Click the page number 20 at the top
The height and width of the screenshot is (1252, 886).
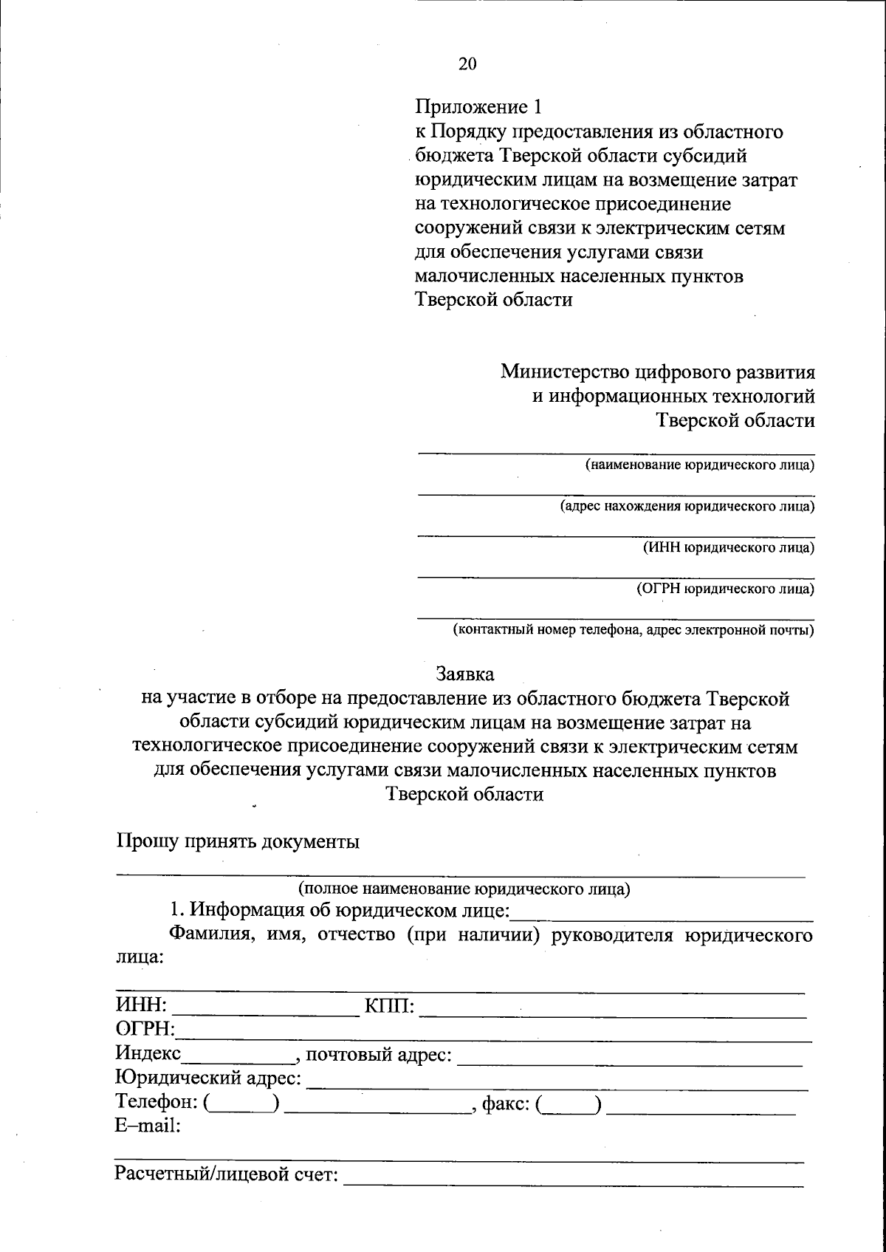(467, 64)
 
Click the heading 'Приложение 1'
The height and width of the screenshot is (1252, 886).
(478, 108)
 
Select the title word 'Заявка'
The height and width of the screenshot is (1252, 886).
(465, 674)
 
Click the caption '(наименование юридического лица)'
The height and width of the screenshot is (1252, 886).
(699, 465)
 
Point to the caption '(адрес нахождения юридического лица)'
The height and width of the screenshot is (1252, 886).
(686, 507)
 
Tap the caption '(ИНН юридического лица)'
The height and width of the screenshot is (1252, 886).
(728, 548)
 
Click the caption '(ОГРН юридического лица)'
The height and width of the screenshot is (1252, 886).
(725, 589)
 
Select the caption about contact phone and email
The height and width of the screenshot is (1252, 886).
(633, 630)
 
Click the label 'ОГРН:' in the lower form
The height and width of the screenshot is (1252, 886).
(145, 1029)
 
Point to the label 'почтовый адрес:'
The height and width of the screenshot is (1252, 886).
(378, 1054)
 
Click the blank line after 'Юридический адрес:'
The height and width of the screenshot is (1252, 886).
(557, 1081)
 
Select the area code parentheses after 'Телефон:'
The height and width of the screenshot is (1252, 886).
(241, 1104)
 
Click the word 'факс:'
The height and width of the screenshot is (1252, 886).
(505, 1104)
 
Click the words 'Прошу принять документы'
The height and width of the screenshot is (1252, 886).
(238, 841)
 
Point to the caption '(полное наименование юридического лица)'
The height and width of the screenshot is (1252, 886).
(464, 889)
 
